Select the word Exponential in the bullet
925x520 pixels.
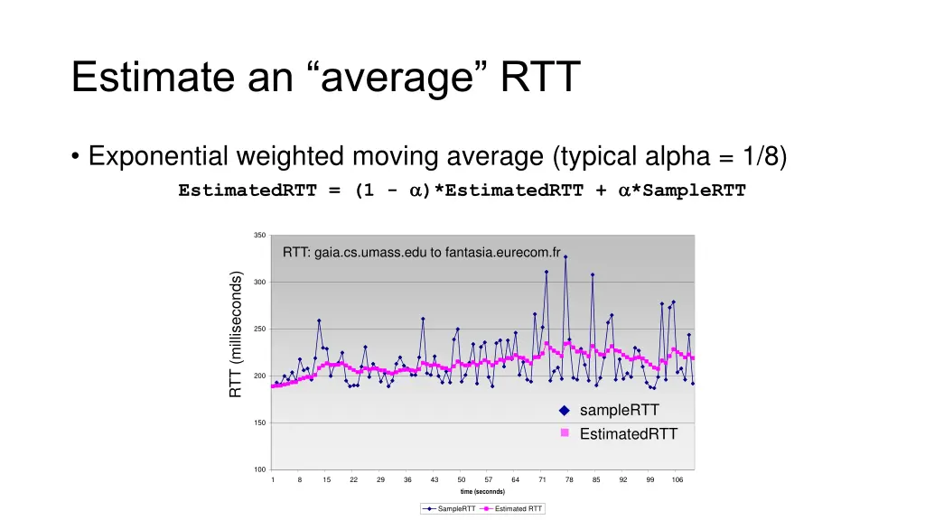[158, 157]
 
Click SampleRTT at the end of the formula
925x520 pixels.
[690, 190]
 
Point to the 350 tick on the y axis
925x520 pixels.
[260, 236]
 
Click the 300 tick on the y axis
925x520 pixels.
[260, 283]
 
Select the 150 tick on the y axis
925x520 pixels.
[260, 422]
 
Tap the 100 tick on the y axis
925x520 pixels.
[260, 469]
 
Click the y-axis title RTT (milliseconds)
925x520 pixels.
[236, 335]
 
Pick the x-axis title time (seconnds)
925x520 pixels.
[482, 492]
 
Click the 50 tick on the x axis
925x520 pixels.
[461, 479]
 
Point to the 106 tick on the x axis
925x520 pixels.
[677, 479]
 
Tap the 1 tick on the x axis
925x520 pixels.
[273, 479]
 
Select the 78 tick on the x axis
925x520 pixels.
[569, 479]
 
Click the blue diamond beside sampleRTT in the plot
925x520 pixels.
[564, 411]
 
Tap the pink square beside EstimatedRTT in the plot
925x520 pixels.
[564, 433]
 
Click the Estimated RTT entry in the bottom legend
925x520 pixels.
[519, 509]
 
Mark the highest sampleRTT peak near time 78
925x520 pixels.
[565, 257]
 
